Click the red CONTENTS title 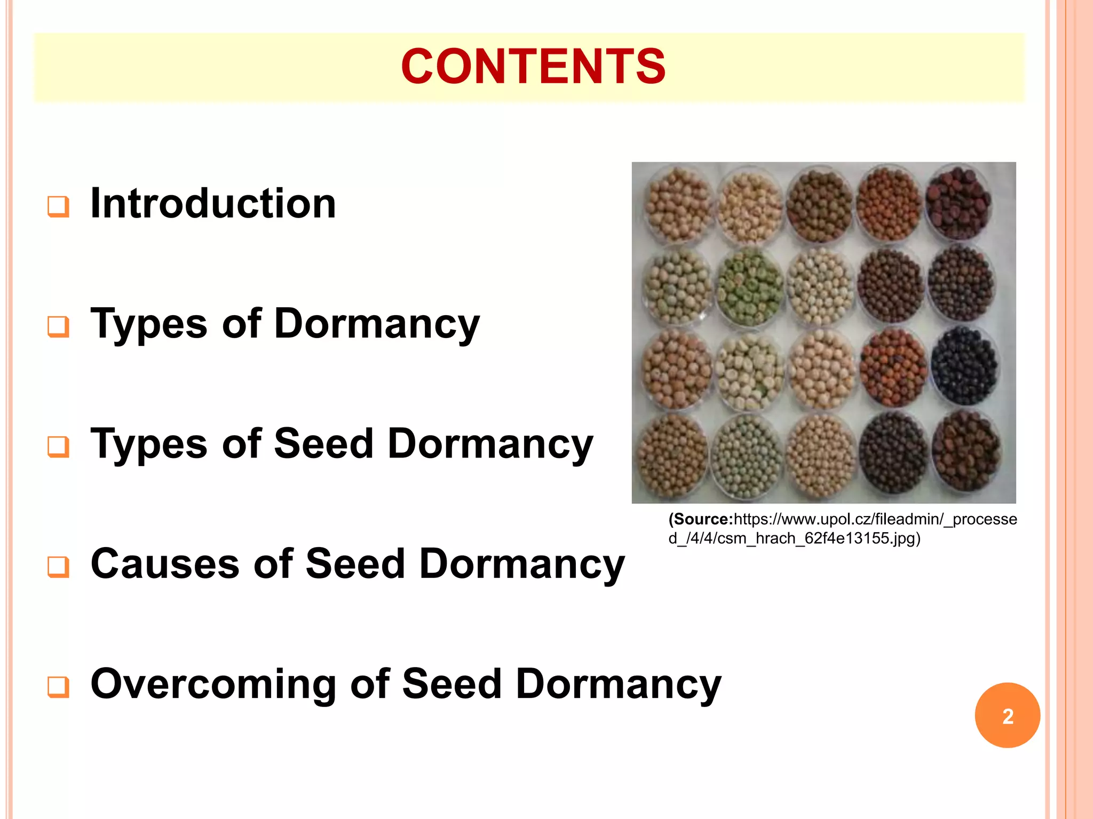533,67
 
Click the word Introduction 213,204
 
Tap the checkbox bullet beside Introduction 58,206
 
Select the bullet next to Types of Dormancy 58,326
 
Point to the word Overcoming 213,684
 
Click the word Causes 165,564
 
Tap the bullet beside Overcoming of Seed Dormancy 58,687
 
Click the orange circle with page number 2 1007,716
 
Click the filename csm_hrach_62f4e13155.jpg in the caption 817,539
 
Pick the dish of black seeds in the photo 964,366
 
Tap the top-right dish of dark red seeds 959,203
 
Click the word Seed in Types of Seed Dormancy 323,444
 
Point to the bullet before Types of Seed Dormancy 58,446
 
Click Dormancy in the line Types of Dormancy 376,324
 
